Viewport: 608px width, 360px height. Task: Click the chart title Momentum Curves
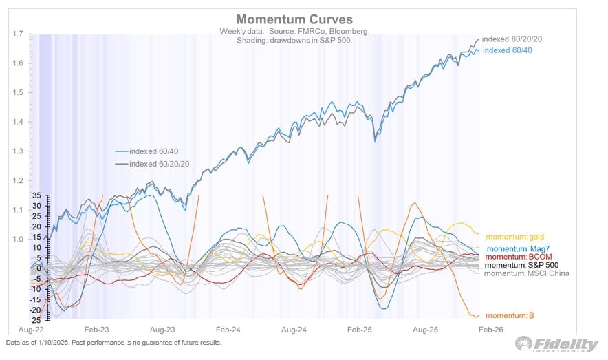[295, 19]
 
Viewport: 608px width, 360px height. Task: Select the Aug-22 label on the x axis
[28, 330]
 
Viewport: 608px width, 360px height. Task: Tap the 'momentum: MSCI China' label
[527, 273]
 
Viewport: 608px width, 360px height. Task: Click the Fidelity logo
[557, 344]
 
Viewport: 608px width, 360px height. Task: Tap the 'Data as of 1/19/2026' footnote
[113, 342]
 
